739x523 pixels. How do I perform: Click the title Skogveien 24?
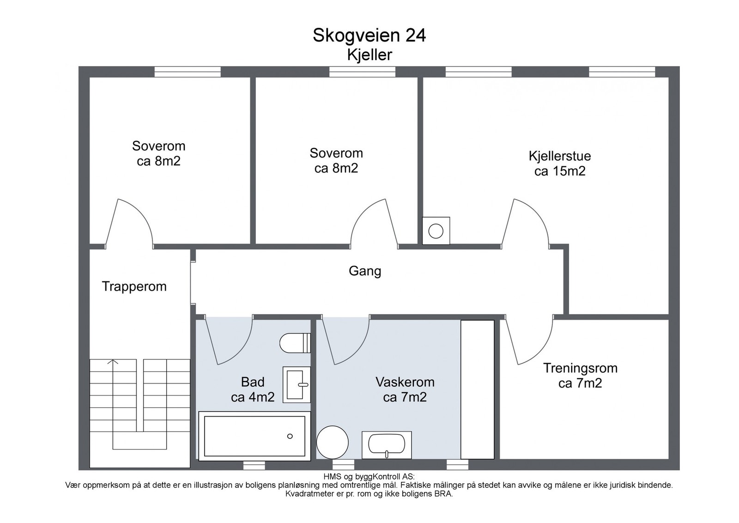(x=369, y=36)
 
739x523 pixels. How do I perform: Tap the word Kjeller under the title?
(x=369, y=55)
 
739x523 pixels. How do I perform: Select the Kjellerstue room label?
(x=560, y=156)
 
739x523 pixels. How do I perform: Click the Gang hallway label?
(x=365, y=271)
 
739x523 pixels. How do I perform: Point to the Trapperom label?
(x=134, y=286)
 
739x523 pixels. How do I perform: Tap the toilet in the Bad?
(x=295, y=343)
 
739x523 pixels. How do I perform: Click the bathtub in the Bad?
(x=254, y=436)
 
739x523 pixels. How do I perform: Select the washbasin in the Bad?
(x=297, y=384)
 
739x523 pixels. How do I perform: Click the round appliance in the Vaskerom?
(x=332, y=443)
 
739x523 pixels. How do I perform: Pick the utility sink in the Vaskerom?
(x=387, y=445)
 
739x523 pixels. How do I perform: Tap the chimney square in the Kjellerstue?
(x=436, y=231)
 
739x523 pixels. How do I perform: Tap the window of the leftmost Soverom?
(x=188, y=72)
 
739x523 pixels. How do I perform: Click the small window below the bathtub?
(x=254, y=465)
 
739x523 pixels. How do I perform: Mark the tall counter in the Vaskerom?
(x=478, y=389)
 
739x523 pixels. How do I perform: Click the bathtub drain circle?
(x=290, y=436)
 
